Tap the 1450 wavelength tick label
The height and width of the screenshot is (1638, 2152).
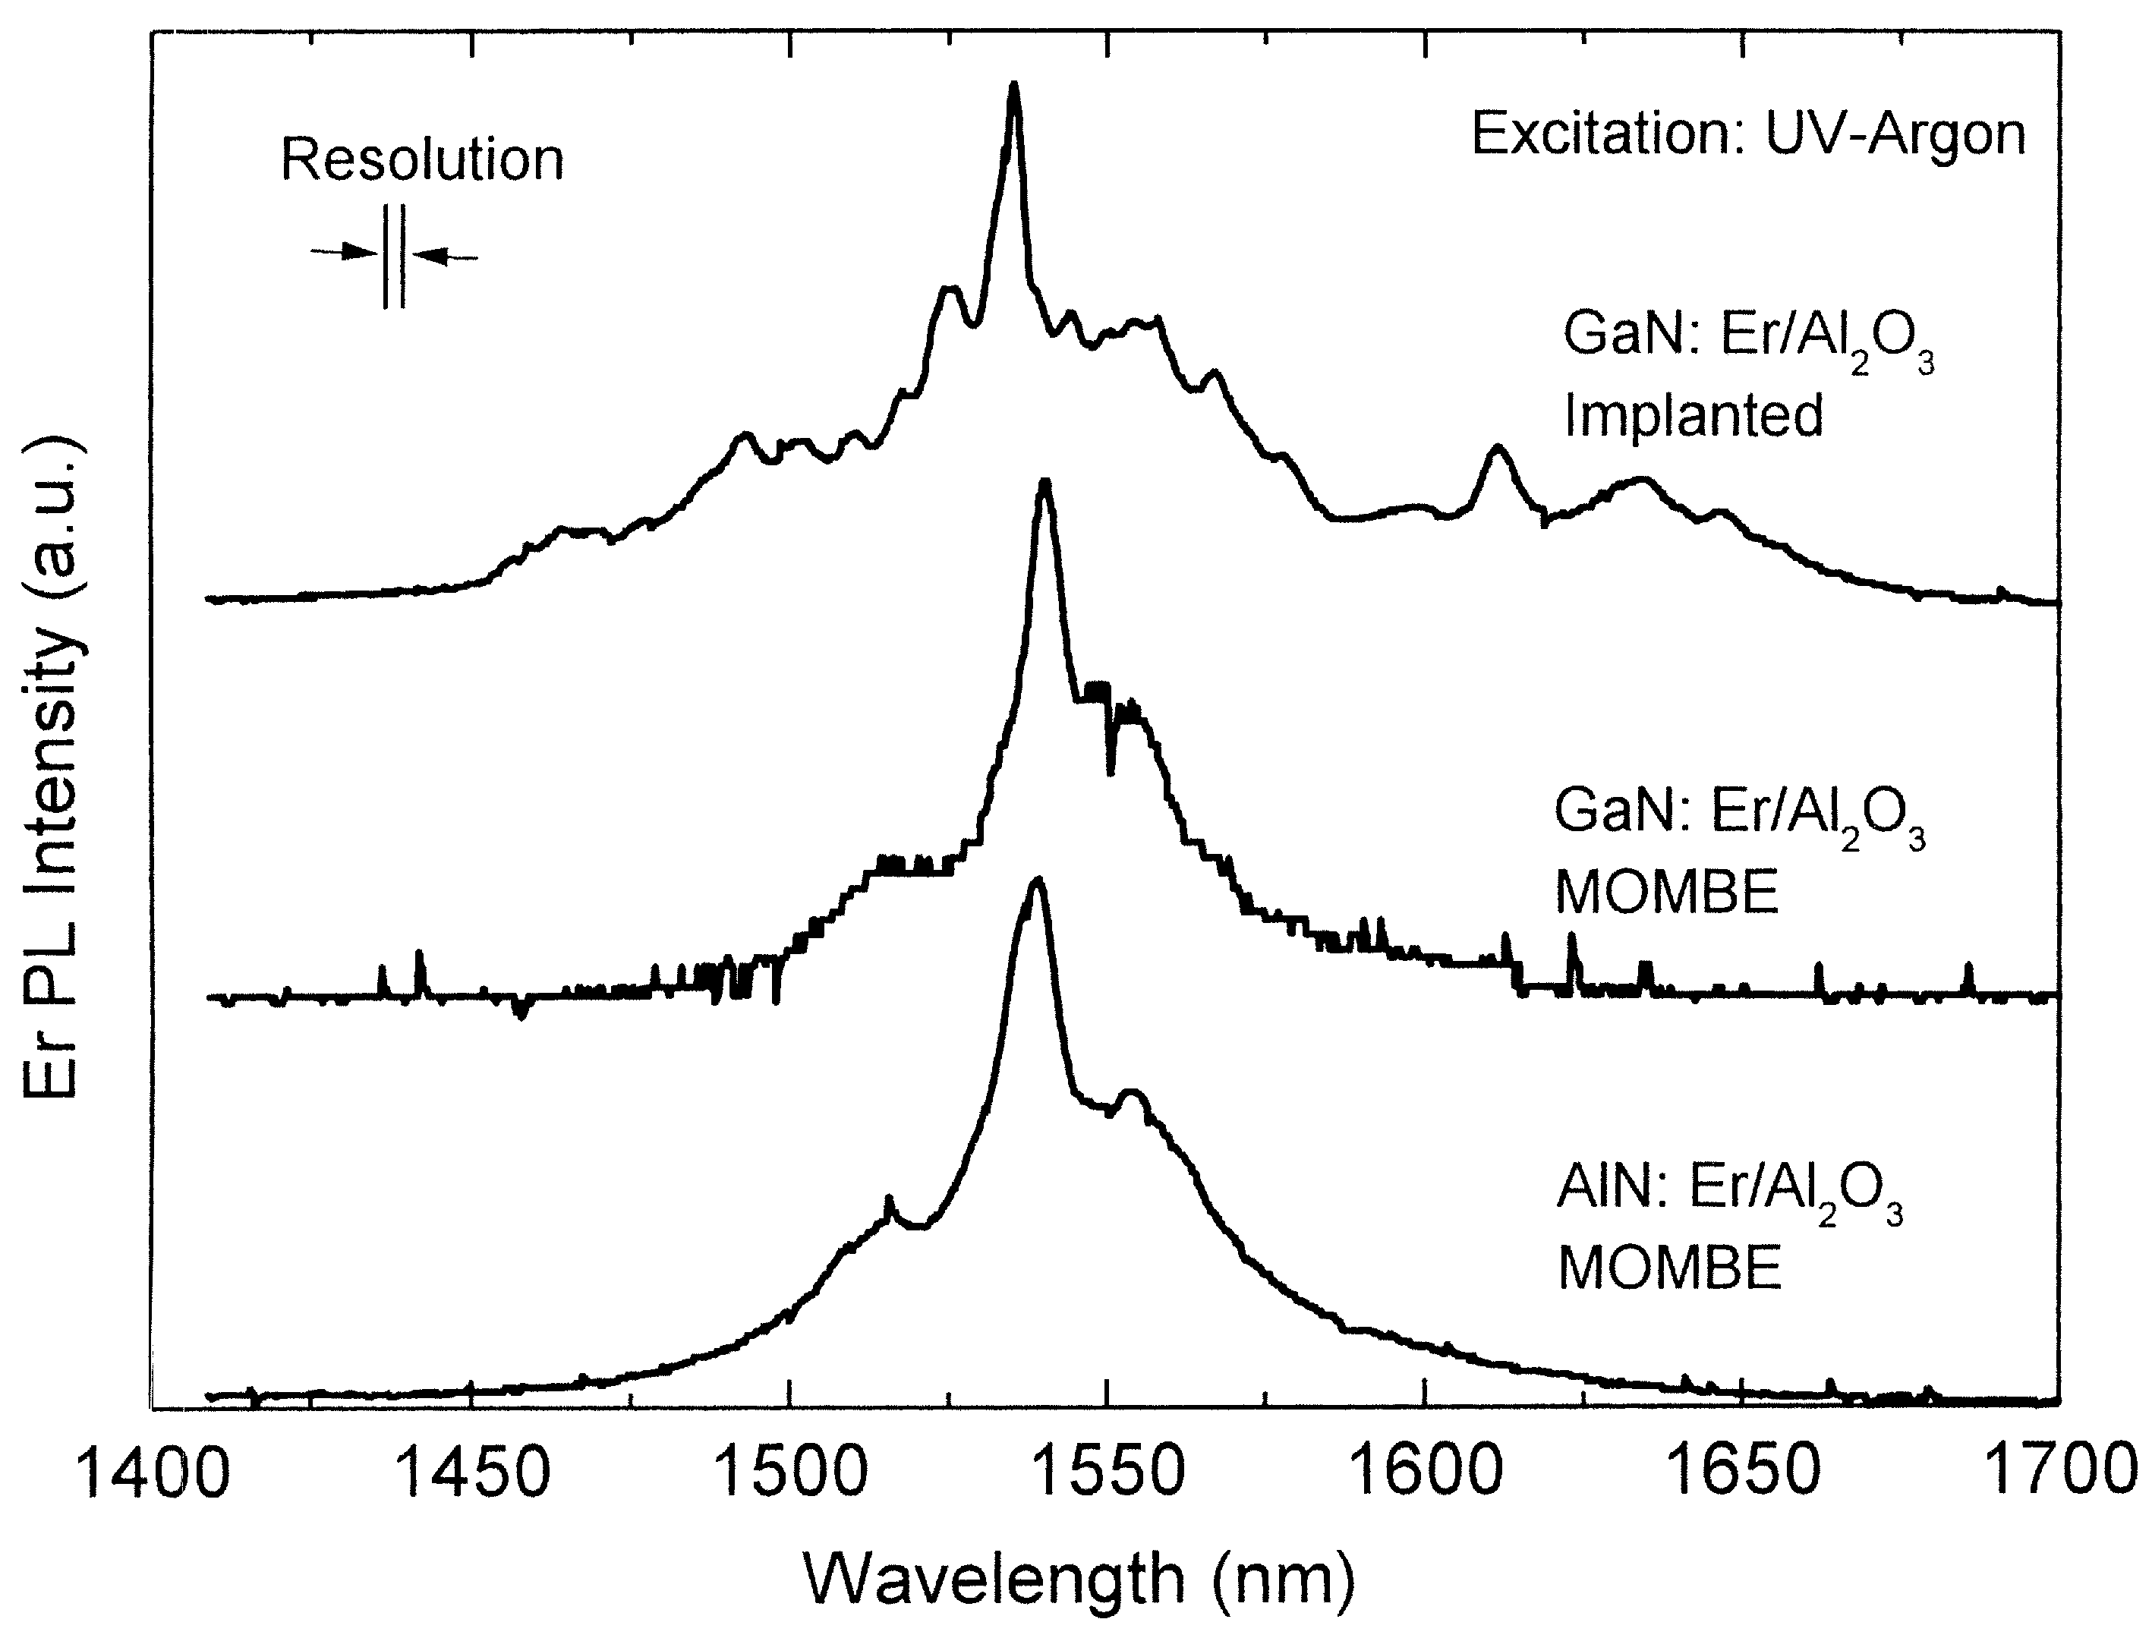pos(473,1473)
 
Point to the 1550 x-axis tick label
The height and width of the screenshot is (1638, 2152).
pos(1108,1473)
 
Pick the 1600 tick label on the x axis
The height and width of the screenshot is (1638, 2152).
pos(1425,1473)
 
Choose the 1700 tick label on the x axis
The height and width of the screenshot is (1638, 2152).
pos(2059,1473)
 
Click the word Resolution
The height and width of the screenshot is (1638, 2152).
pos(422,160)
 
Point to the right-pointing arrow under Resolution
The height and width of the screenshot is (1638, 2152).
pos(344,253)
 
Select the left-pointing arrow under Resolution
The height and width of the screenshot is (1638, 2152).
pos(446,257)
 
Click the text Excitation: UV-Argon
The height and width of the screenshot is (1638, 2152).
pos(1747,134)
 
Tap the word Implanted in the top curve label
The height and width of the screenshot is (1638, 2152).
pos(1694,415)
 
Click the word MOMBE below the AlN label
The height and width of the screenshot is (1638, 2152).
pos(1669,1268)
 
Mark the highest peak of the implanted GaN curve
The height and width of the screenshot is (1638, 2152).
pos(1014,88)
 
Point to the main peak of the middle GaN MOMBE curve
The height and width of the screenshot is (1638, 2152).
pos(1045,483)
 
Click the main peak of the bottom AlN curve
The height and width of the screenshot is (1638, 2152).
pos(1038,881)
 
